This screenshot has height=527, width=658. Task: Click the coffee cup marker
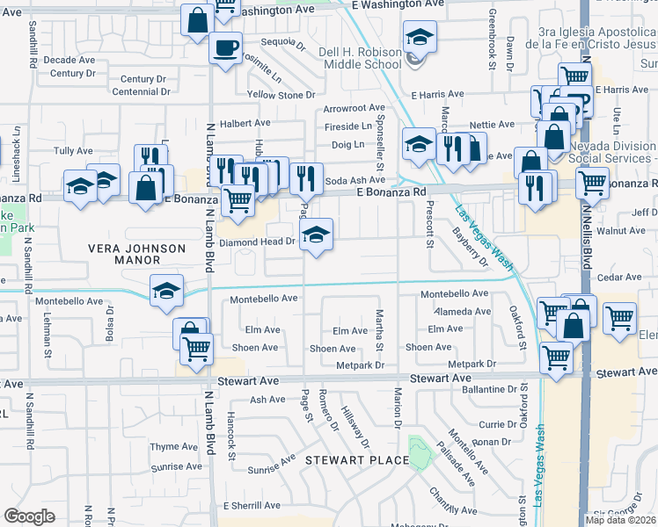point(225,47)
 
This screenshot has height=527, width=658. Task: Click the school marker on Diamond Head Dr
point(317,235)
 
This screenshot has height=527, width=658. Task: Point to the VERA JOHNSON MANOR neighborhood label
point(136,255)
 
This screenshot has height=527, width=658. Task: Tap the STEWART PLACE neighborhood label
point(356,459)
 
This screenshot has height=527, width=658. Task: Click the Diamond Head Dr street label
point(256,242)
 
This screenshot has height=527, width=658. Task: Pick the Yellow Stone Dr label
point(281,95)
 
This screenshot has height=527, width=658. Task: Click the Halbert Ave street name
point(245,124)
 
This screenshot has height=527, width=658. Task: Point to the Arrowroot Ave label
point(348,108)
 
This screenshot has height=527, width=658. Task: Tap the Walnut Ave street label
point(621,232)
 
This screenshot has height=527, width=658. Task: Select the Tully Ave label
point(73,152)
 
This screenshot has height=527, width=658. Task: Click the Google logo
point(29,516)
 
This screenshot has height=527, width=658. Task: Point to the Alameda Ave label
point(467,312)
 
